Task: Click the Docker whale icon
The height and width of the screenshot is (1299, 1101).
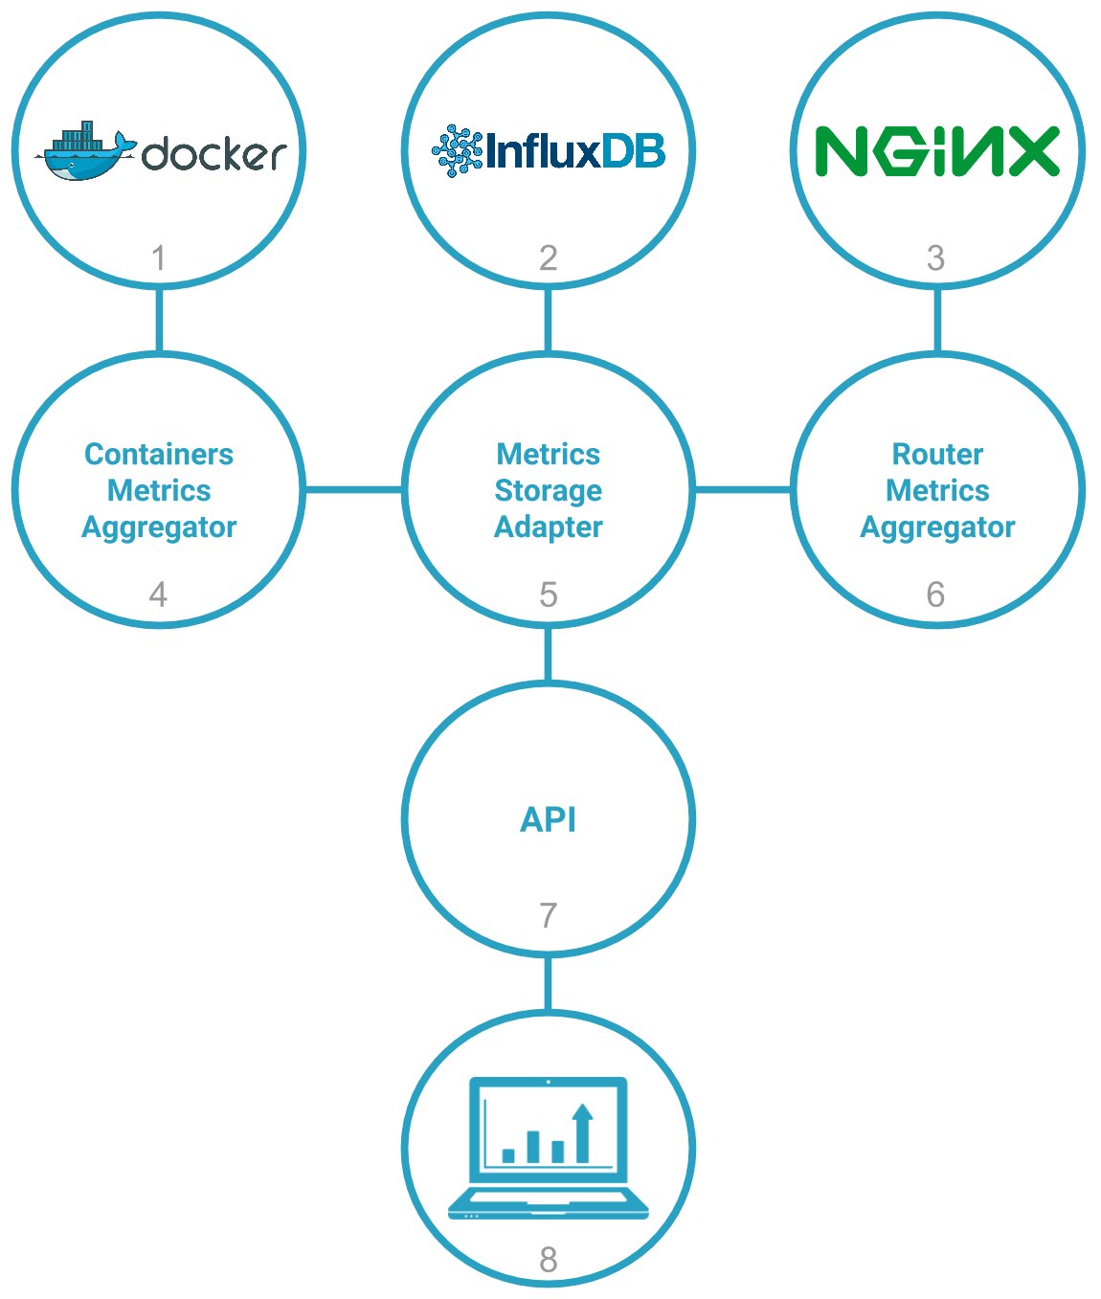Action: click(x=81, y=153)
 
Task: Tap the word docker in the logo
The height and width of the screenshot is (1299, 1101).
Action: click(x=213, y=154)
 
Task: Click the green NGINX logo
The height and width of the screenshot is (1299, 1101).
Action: click(x=936, y=151)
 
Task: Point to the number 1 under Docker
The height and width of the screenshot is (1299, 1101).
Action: click(x=159, y=258)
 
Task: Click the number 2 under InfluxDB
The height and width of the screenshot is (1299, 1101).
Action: click(x=548, y=258)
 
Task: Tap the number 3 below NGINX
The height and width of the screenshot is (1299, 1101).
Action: click(x=935, y=258)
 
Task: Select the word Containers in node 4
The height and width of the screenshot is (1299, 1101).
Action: click(x=159, y=454)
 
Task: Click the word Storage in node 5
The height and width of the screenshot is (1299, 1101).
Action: click(x=548, y=490)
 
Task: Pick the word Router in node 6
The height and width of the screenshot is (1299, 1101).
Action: click(x=936, y=454)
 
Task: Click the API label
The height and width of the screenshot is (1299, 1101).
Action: click(x=548, y=819)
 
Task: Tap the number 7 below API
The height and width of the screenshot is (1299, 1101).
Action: click(x=548, y=915)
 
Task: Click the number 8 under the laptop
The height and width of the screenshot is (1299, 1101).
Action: click(x=548, y=1259)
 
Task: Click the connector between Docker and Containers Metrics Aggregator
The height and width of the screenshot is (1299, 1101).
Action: click(x=159, y=320)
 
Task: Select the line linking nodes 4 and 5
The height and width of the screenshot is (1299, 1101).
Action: click(x=353, y=490)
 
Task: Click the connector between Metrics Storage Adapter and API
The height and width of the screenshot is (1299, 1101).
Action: click(x=548, y=654)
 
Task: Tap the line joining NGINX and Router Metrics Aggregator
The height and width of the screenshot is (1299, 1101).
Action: click(x=936, y=320)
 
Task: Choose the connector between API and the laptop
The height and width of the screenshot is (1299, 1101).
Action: click(x=548, y=983)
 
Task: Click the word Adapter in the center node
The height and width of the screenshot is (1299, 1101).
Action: click(x=548, y=526)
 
